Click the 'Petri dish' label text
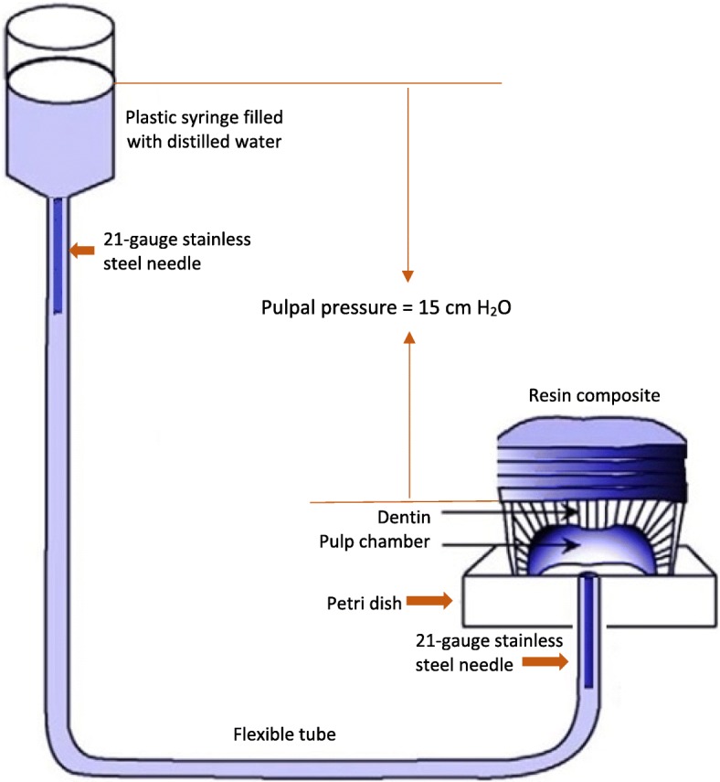coord(357,601)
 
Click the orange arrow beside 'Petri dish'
coord(429,601)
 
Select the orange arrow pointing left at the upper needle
coord(83,248)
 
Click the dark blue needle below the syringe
coord(57,256)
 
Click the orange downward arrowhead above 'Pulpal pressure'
coord(408,275)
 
